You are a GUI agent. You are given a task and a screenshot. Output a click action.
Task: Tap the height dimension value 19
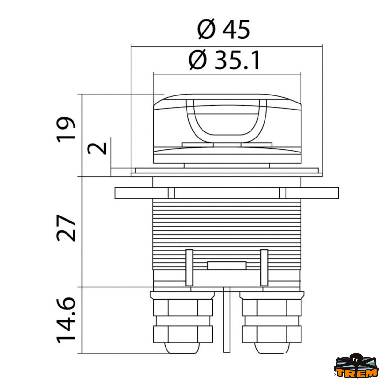[66, 129]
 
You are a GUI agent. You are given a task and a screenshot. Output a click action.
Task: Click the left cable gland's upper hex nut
[183, 307]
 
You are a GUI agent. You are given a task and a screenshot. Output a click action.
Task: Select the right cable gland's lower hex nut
[272, 334]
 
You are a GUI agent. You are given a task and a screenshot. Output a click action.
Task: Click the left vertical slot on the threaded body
[189, 267]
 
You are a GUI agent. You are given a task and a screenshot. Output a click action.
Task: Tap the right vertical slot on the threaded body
[264, 267]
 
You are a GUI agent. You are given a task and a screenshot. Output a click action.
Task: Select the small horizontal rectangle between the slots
[227, 265]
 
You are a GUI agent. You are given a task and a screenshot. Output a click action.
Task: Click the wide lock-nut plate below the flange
[227, 193]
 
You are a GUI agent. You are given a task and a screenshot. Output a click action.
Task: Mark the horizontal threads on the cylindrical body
[227, 223]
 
